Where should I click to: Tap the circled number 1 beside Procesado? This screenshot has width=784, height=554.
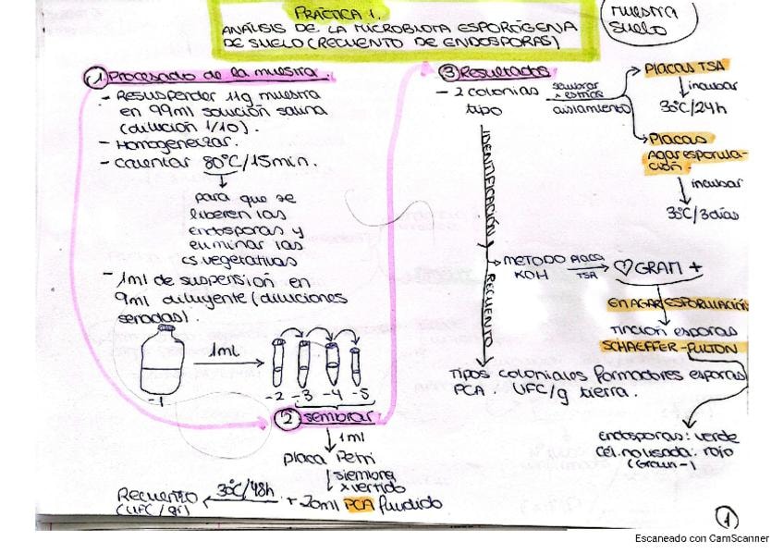click(96, 78)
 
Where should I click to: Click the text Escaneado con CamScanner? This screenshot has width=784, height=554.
click(702, 539)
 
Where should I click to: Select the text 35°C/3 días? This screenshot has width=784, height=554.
click(703, 213)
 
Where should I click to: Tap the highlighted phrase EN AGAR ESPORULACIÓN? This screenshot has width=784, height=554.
click(677, 305)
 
